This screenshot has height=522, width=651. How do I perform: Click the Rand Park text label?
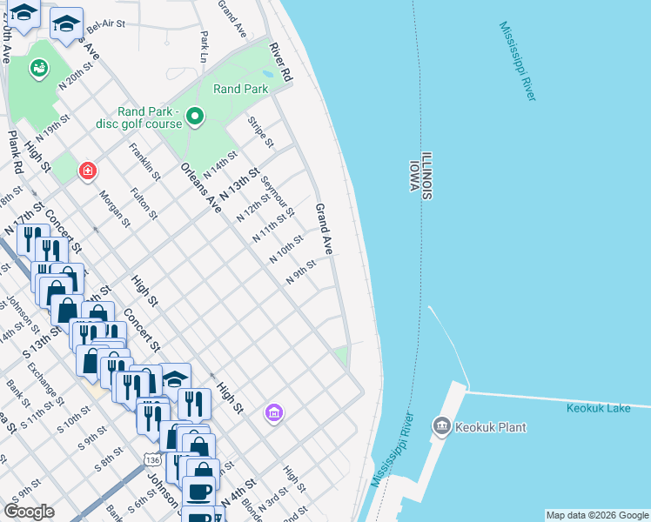coord(240,89)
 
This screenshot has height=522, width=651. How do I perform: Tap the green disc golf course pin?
coord(196,116)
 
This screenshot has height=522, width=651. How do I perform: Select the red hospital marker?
coord(87,171)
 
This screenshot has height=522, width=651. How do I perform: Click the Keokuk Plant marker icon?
coord(441,426)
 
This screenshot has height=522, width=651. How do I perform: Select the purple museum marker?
coord(274,411)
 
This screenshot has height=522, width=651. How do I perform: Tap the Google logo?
coord(29,512)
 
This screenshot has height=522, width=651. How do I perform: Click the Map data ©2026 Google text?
coord(597,515)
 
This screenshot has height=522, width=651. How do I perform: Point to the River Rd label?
coord(280,63)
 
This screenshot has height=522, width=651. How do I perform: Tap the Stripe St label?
coord(261,132)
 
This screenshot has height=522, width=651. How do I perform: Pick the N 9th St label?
coord(300,275)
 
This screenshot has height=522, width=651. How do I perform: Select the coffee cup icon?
coord(198,492)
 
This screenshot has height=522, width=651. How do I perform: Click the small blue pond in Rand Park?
coord(266,75)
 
